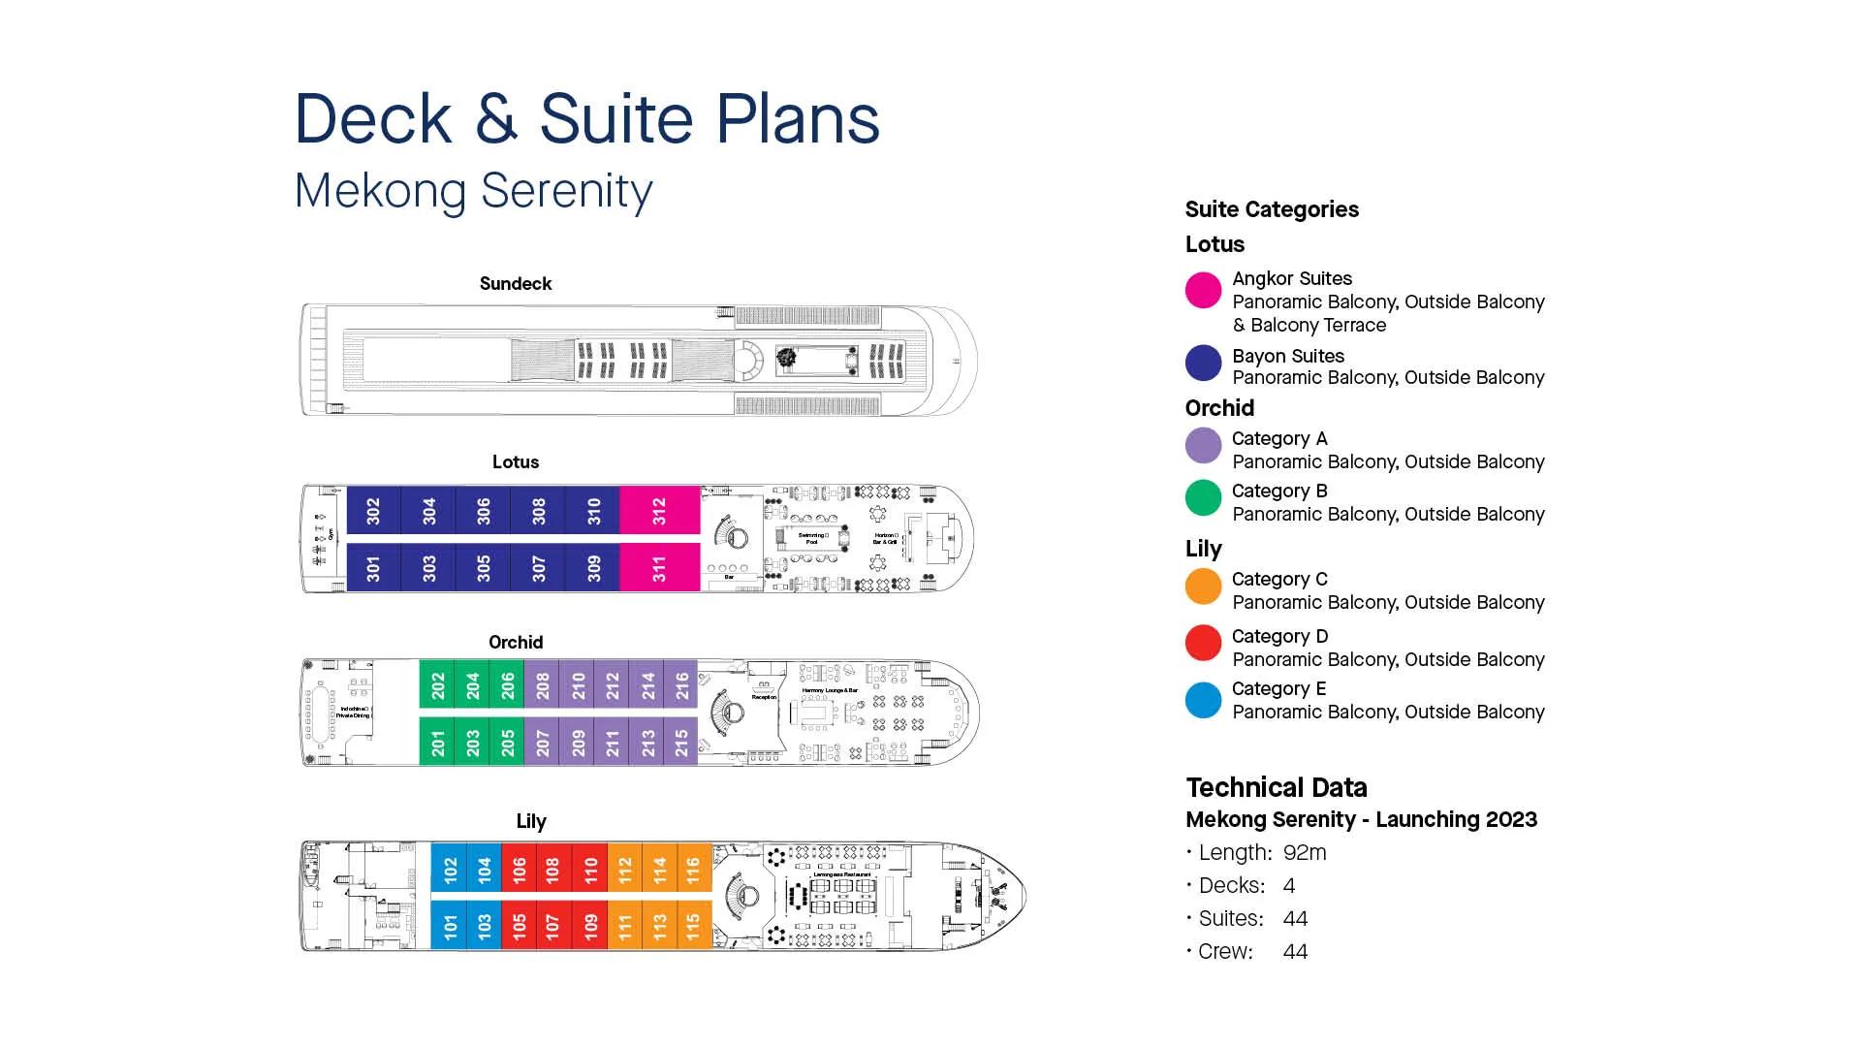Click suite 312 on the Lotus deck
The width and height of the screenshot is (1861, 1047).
pyautogui.click(x=659, y=510)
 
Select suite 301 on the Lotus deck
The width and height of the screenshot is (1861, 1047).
pyautogui.click(x=373, y=567)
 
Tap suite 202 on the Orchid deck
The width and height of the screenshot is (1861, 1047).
pyautogui.click(x=437, y=685)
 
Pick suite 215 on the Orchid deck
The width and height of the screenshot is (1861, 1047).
pyautogui.click(x=681, y=743)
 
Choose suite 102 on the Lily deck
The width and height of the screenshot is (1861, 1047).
pyautogui.click(x=450, y=869)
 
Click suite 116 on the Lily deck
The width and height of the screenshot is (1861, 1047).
pyautogui.click(x=693, y=869)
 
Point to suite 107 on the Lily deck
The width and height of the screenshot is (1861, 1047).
pyautogui.click(x=552, y=926)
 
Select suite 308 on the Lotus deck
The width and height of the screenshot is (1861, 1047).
pyautogui.click(x=539, y=510)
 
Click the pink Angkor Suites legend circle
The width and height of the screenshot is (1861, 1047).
pyautogui.click(x=1203, y=290)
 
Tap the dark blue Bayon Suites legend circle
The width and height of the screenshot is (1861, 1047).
pyautogui.click(x=1203, y=363)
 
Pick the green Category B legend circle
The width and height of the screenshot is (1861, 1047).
pyautogui.click(x=1203, y=497)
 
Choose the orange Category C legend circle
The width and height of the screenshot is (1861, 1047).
pyautogui.click(x=1203, y=587)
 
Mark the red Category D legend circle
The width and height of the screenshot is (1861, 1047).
pyautogui.click(x=1203, y=643)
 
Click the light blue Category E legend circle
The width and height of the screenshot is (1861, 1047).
pyautogui.click(x=1203, y=700)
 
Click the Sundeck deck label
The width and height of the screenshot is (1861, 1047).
pyautogui.click(x=515, y=283)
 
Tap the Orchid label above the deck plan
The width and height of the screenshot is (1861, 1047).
pyautogui.click(x=515, y=642)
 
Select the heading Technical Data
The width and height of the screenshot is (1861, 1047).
pyautogui.click(x=1276, y=787)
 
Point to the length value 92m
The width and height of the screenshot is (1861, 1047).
pyautogui.click(x=1304, y=853)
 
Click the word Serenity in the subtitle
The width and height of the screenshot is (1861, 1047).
pyautogui.click(x=566, y=190)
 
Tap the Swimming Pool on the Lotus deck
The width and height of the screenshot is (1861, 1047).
pyautogui.click(x=812, y=538)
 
